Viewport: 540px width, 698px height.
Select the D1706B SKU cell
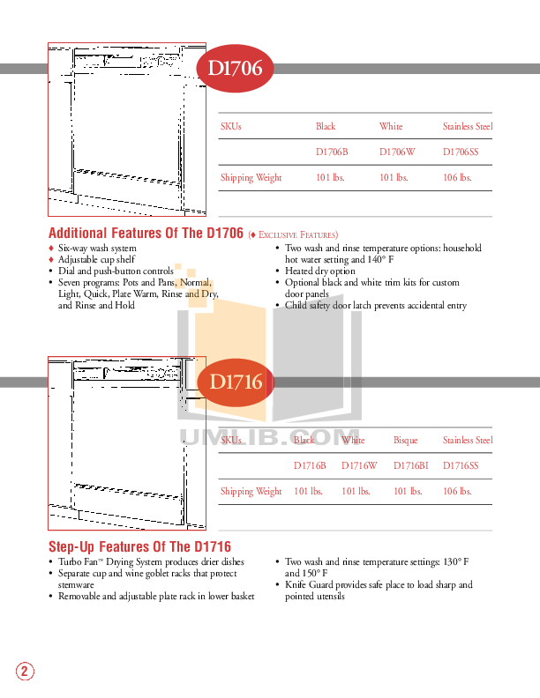[332, 152]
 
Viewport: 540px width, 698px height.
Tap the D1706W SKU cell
[396, 152]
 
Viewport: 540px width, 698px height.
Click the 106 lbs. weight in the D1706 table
[456, 177]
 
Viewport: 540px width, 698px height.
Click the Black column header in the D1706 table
[326, 127]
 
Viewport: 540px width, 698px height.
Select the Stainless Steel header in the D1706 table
[468, 127]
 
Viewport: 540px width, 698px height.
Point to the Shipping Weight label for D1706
[251, 177]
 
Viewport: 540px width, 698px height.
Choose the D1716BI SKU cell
[410, 465]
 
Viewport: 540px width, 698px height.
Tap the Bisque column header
[405, 440]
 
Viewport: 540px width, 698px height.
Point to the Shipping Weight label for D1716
[251, 491]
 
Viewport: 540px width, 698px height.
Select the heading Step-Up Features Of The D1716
[139, 547]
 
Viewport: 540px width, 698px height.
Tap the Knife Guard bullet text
[379, 590]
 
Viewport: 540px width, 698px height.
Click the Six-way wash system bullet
[97, 249]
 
